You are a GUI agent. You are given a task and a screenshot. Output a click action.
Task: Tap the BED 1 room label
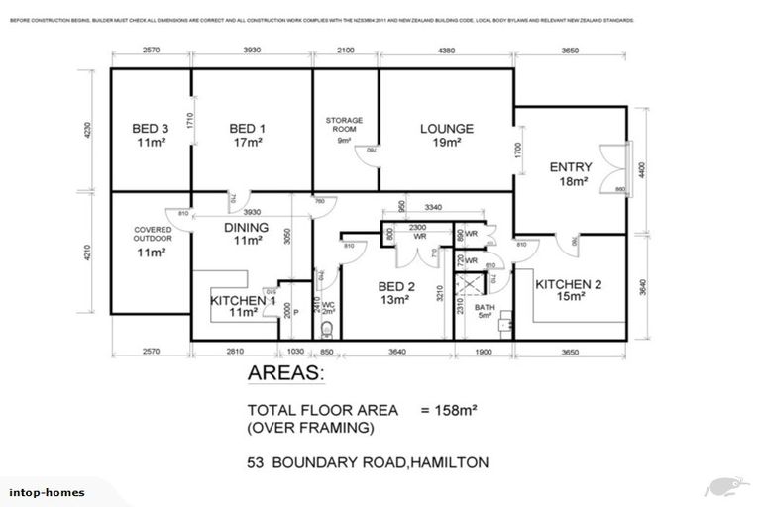point(245,128)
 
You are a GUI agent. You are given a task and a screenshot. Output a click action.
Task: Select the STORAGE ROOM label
point(345,125)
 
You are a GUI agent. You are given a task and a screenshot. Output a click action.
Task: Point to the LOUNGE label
point(446,128)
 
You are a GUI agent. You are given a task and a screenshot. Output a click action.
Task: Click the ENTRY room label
point(570,167)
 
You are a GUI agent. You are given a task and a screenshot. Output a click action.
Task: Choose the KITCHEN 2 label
point(569,284)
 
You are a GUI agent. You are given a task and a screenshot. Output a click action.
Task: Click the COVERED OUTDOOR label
point(152,234)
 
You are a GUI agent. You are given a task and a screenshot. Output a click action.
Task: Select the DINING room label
point(246,227)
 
